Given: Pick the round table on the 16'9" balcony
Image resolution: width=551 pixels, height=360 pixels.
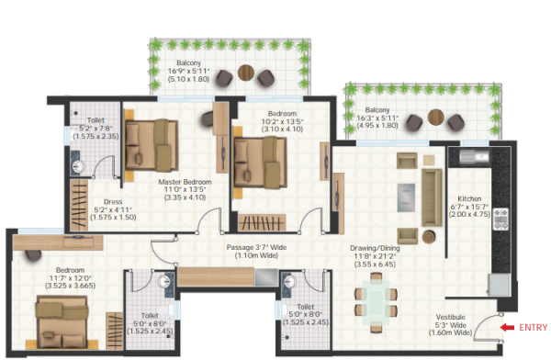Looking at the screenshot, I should coord(244,73).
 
